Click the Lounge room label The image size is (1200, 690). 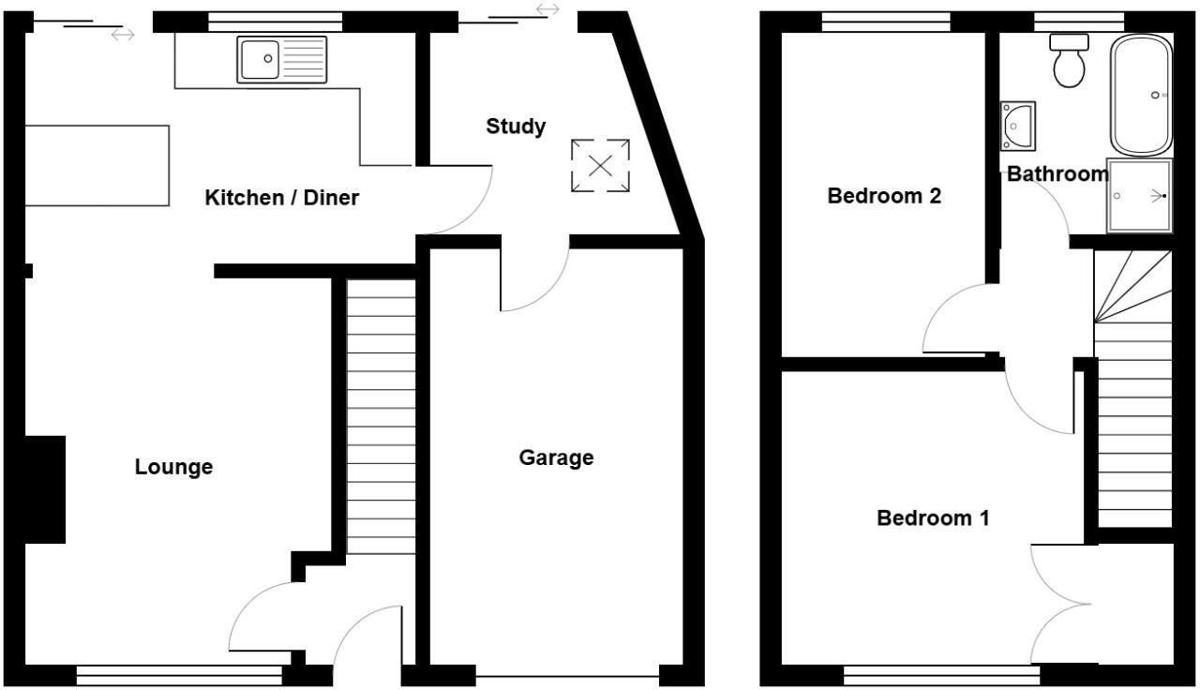tap(173, 467)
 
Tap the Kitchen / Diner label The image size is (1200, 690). tap(281, 198)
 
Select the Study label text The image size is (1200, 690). tap(516, 127)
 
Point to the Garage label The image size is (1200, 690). tap(556, 457)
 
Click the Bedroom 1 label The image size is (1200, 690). tap(933, 517)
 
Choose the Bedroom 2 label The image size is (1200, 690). tap(884, 196)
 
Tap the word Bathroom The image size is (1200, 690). tap(1057, 174)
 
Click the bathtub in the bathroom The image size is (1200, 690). tap(1141, 95)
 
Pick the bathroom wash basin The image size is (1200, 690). tap(1017, 125)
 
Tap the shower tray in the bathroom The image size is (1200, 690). tap(1140, 196)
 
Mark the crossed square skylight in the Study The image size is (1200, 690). tap(600, 166)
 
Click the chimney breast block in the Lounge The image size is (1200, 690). tap(44, 488)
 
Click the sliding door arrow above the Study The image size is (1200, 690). tap(547, 9)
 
